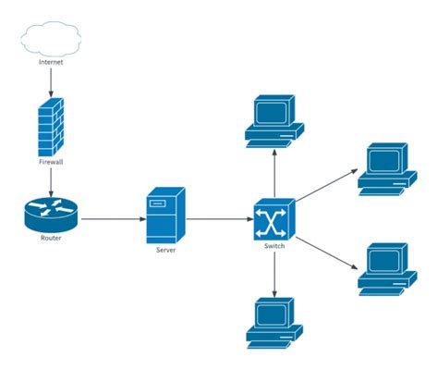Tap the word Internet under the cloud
click(52, 62)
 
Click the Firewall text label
click(51, 162)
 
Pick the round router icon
click(50, 216)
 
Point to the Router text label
click(50, 239)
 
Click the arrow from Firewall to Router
click(51, 182)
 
